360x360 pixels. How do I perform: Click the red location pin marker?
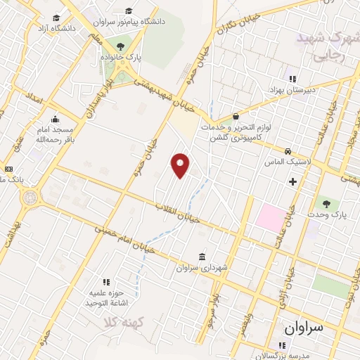click(x=181, y=165)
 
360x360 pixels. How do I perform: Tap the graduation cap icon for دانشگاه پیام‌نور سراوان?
click(x=129, y=11)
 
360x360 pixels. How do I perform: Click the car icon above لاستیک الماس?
click(x=288, y=151)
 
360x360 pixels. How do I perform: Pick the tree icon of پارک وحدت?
click(x=325, y=202)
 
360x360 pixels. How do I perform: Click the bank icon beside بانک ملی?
click(x=9, y=169)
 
